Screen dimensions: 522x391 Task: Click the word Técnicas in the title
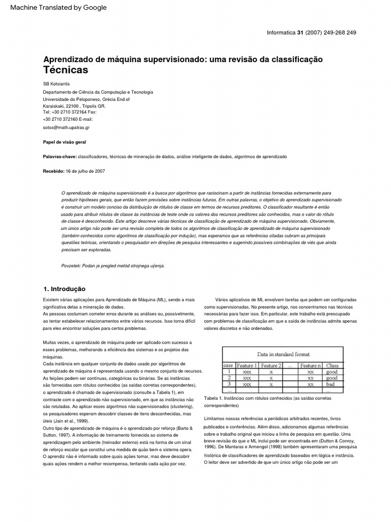66,70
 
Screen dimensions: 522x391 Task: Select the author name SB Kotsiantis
57,84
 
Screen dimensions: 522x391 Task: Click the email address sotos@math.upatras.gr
66,127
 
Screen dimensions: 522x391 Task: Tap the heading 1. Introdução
64,289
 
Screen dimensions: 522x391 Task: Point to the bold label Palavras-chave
59,156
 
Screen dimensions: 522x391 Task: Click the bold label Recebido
53,171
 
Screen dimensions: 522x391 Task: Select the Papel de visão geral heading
64,142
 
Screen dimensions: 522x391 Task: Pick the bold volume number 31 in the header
300,33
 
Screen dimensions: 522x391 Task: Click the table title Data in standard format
283,354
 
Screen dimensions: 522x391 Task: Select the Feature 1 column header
247,366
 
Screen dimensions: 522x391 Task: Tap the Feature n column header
311,366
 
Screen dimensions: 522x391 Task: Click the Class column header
332,366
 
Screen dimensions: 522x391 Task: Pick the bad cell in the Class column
331,384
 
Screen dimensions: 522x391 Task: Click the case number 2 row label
229,378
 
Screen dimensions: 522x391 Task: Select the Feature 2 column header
270,366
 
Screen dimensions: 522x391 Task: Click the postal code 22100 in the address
73,106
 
